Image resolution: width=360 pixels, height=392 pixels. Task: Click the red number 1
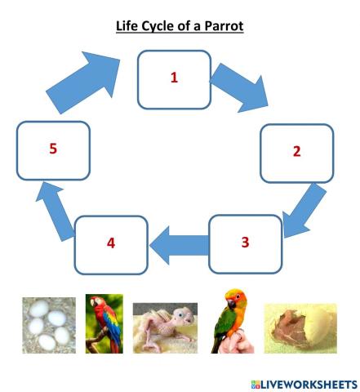173,78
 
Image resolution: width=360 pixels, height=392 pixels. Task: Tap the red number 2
296,152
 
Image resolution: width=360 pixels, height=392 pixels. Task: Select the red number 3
245,243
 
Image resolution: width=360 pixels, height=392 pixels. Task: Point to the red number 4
112,244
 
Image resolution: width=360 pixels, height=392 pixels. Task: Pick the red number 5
52,149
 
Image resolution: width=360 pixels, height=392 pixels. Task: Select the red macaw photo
104,323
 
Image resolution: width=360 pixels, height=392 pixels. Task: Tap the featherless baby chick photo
166,325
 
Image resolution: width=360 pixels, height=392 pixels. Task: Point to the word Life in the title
134,27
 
